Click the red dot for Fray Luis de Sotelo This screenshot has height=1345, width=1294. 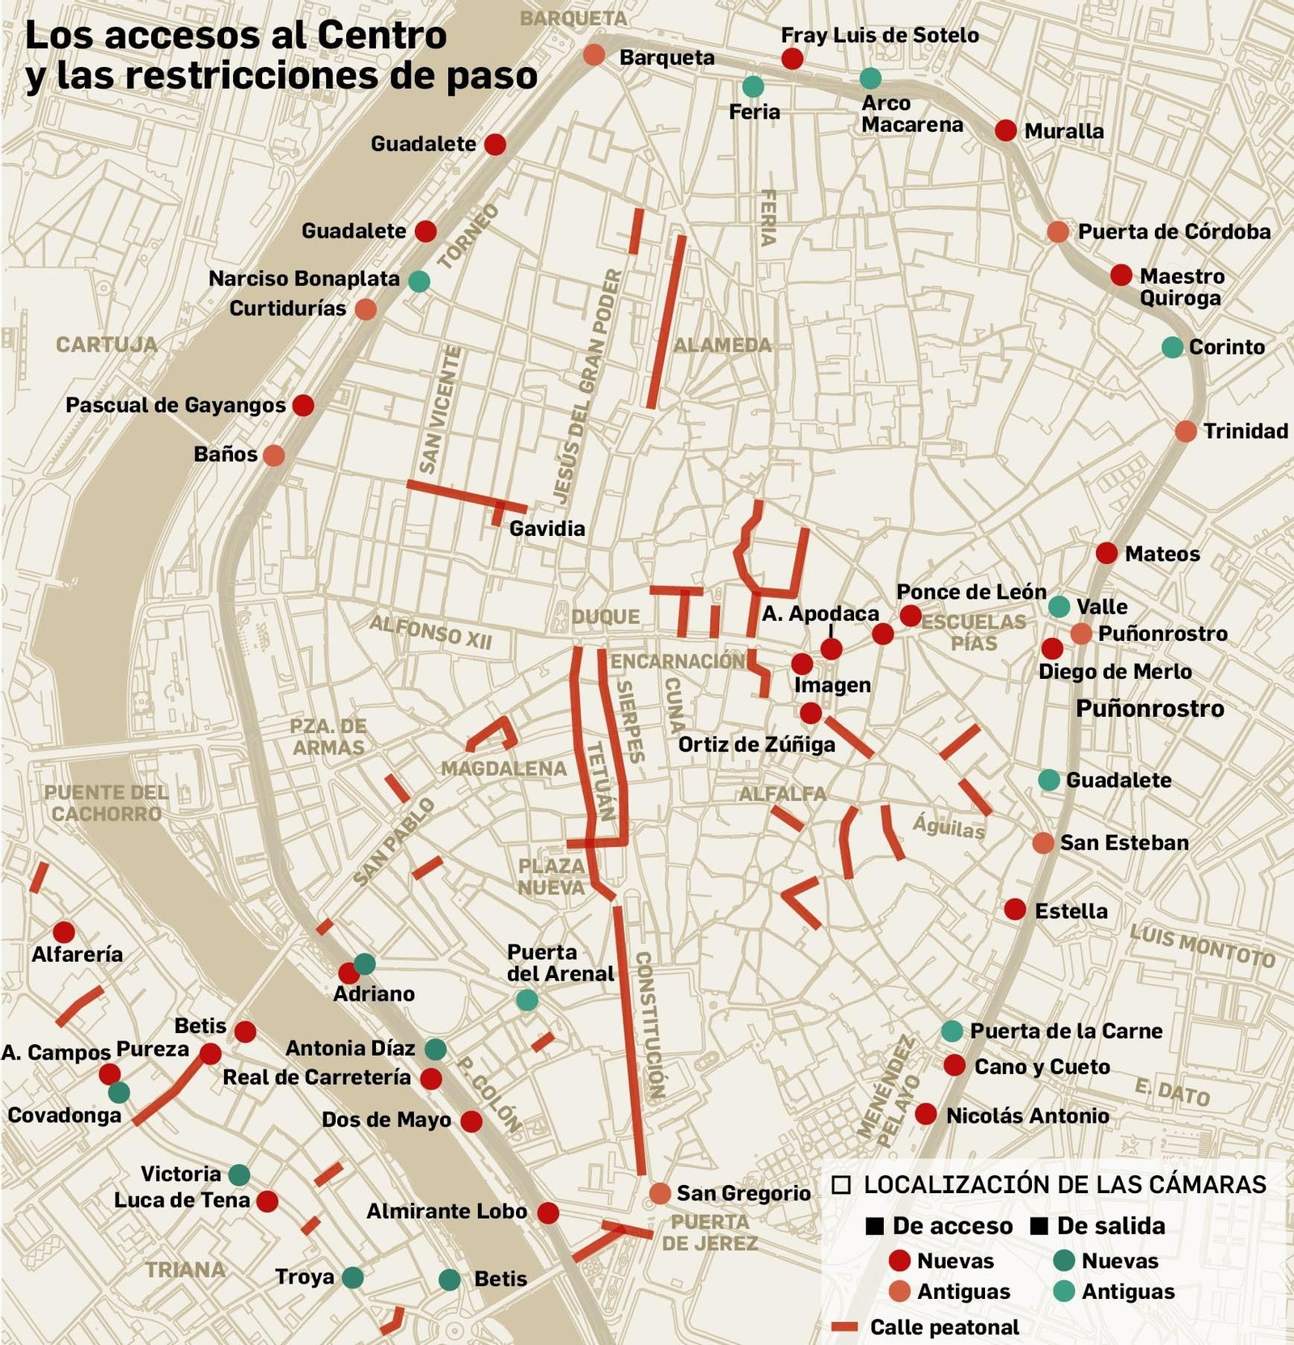pos(792,58)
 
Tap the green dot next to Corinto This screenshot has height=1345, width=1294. pos(1172,347)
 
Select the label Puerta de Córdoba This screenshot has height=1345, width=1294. pos(1174,232)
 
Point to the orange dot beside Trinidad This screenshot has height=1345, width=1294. pos(1186,431)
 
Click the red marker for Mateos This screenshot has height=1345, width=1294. pos(1106,554)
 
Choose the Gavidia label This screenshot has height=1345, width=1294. pos(547,529)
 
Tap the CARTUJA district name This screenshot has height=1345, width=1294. pos(107,344)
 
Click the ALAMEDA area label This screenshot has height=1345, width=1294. pos(722,345)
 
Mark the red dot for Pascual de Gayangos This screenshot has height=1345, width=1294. pos(303,405)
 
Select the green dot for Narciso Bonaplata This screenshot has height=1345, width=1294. pos(419,281)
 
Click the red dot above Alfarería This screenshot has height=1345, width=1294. pos(64,932)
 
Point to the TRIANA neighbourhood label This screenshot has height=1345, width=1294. pos(185,1270)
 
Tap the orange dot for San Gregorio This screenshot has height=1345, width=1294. pos(660,1193)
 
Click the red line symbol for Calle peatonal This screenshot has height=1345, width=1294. pos(844,1326)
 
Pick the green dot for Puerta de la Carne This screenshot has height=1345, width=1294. pos(952,1031)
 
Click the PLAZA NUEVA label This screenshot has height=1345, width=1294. pos(552,876)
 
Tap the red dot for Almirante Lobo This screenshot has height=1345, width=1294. pos(548,1212)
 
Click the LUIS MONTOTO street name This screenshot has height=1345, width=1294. pos(1202,945)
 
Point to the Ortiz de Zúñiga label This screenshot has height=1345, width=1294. pos(756,744)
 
